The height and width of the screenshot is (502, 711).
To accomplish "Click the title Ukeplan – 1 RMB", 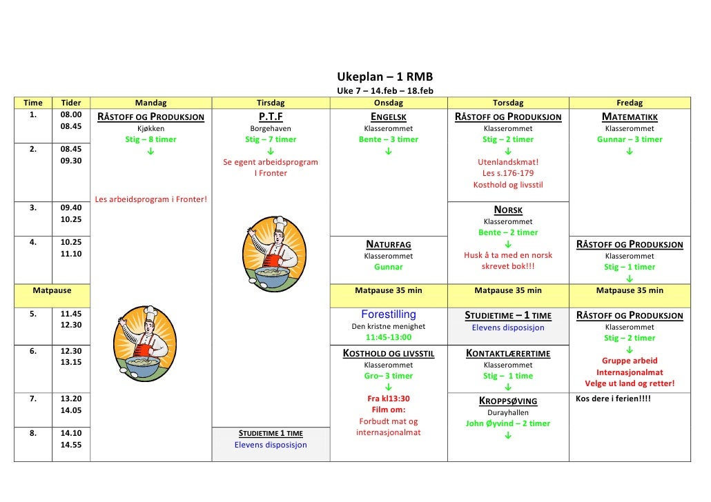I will (x=384, y=77).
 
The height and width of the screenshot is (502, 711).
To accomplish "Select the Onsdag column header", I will (x=389, y=103).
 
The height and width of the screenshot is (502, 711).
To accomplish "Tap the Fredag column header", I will (x=629, y=103).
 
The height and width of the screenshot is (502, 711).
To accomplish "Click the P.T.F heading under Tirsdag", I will (x=271, y=117).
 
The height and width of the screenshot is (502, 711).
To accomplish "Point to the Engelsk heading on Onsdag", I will (x=389, y=117).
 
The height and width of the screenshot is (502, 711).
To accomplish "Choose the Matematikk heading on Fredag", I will (x=630, y=117).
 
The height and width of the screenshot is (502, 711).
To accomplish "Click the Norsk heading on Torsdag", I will (x=508, y=210).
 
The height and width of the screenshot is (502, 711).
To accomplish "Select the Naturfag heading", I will (x=389, y=244).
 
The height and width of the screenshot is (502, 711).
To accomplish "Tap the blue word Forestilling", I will (x=389, y=314).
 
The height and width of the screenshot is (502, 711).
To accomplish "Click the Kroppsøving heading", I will (x=508, y=401).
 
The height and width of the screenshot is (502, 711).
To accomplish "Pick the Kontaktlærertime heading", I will (x=508, y=354).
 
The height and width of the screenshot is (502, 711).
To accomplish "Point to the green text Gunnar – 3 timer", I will (x=630, y=139).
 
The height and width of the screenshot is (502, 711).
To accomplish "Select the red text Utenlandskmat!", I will (x=508, y=162).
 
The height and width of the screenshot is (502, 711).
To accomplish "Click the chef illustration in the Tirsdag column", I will (x=270, y=250).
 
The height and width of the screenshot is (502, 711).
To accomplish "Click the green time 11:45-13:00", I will (x=389, y=337).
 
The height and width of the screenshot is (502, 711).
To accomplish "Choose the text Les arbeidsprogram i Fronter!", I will (x=150, y=200).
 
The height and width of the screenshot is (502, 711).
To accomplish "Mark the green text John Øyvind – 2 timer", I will (x=508, y=423).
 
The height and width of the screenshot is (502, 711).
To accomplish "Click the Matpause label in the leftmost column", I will (x=52, y=290).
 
